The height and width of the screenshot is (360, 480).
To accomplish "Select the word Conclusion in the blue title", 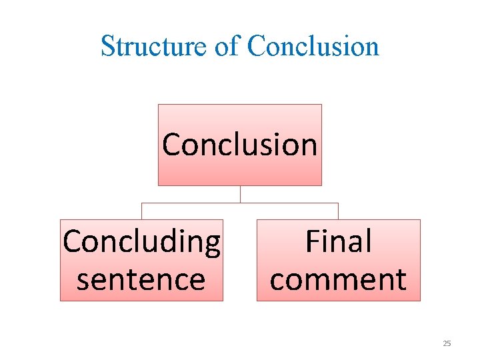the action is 313,46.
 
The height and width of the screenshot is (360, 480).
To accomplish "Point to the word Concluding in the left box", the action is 141,241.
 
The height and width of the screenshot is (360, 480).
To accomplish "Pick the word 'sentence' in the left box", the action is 141,279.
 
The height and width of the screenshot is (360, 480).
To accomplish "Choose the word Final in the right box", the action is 338,241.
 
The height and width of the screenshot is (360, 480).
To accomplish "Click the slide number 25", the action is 447,343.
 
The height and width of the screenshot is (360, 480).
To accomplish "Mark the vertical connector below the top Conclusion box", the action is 240,194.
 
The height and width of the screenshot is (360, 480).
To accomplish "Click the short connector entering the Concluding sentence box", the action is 141,211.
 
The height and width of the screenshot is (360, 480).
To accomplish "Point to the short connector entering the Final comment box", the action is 338,211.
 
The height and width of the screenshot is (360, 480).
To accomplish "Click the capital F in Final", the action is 313,241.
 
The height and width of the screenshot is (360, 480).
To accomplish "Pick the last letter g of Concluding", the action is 212,244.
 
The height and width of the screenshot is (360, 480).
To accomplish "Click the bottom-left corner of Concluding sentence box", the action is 61,301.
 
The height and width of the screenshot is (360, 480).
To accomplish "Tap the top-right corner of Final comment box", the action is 420,220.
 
